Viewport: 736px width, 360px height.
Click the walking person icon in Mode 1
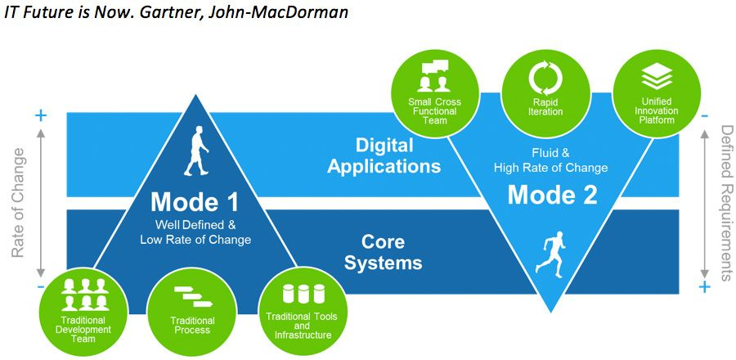[196, 151]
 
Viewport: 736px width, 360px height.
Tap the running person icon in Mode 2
[550, 251]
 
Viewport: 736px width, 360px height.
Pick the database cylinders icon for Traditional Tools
[298, 294]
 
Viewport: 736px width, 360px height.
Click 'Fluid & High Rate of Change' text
[550, 160]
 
